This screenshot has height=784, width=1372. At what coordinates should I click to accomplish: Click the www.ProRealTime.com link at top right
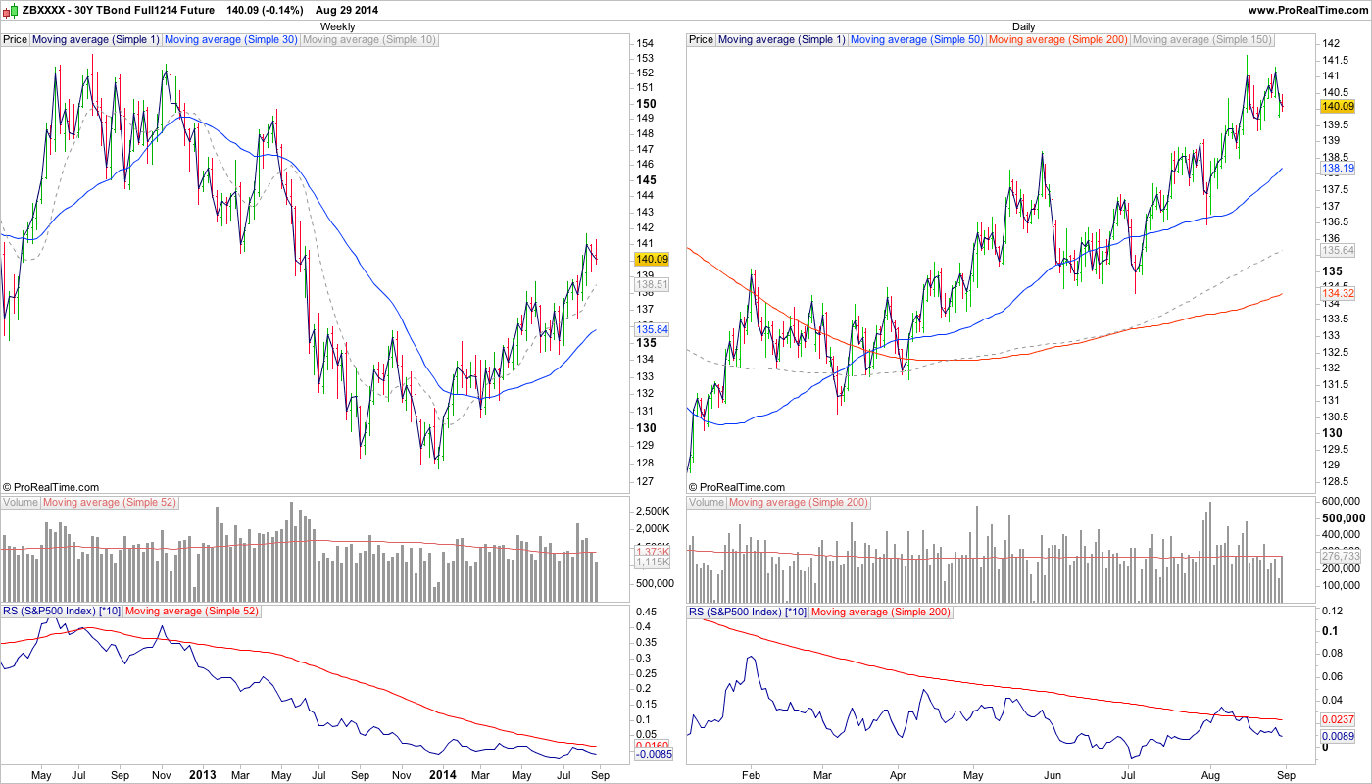(x=1308, y=9)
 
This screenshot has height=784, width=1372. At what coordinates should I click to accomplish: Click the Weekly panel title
(x=338, y=26)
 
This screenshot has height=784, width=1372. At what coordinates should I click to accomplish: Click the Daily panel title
(x=1023, y=26)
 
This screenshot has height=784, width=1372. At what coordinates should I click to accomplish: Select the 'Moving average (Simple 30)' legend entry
(x=230, y=40)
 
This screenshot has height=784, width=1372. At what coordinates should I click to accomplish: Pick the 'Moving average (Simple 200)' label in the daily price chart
(x=1058, y=40)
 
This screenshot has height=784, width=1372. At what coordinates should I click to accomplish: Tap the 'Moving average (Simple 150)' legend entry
(x=1202, y=40)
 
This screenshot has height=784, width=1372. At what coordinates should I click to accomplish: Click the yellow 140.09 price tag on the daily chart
(x=1337, y=106)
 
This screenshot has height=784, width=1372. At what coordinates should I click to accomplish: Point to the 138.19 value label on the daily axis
(x=1337, y=170)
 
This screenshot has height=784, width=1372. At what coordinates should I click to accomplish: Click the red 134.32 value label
(x=1337, y=294)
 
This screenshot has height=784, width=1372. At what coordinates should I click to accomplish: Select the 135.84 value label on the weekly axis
(x=652, y=329)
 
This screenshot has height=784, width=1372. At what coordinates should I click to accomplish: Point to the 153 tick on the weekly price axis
(x=644, y=58)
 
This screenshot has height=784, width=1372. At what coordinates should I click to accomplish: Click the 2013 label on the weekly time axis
(x=202, y=775)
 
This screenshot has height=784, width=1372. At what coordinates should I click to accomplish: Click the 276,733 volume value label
(x=1341, y=556)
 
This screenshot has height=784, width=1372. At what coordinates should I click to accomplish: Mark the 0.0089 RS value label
(x=1337, y=735)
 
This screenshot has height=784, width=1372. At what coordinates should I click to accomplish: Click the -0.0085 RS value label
(x=652, y=755)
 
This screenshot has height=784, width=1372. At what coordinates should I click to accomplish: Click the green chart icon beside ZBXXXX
(x=9, y=9)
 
